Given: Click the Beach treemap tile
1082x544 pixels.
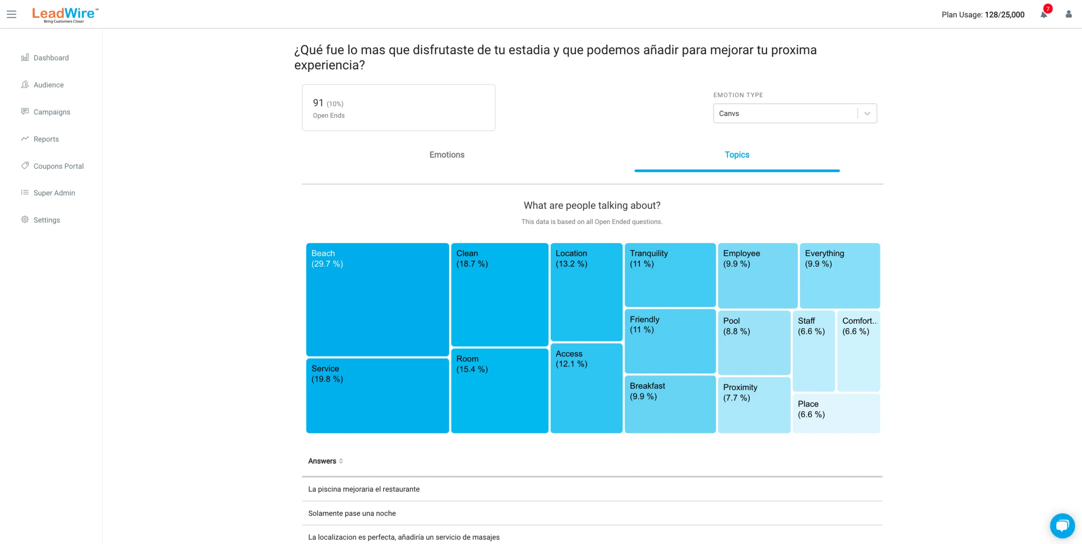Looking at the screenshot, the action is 377,299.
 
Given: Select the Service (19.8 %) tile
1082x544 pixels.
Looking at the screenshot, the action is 377,396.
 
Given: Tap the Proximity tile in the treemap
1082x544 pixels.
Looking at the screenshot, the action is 754,405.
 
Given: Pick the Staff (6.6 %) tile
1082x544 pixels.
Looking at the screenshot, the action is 814,351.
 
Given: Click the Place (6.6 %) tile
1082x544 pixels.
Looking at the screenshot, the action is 836,413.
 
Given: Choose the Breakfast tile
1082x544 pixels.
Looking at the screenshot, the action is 670,404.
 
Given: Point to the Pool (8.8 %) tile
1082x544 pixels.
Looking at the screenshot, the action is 754,342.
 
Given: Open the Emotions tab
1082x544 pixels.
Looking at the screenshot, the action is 447,155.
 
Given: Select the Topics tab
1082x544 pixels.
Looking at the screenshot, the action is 737,155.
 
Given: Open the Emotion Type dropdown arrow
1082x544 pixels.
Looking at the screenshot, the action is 867,114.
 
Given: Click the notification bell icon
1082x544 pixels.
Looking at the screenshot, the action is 1044,15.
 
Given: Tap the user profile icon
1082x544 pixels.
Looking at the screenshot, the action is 1068,14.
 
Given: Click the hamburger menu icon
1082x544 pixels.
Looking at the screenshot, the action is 11,14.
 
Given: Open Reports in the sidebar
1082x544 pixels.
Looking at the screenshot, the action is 46,139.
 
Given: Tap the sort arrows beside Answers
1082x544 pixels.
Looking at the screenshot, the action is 341,461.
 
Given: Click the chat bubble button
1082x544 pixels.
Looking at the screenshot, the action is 1062,526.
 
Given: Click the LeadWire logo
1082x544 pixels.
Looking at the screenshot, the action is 65,15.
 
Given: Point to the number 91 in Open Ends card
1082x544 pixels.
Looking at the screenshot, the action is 318,103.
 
